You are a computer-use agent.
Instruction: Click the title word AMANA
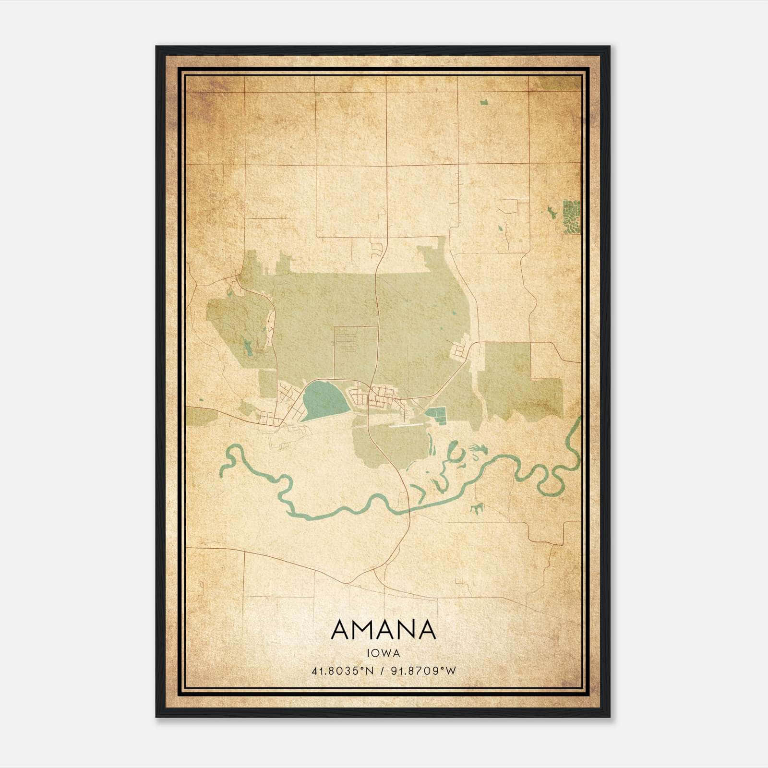point(384,630)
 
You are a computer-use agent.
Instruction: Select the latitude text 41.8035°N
point(342,671)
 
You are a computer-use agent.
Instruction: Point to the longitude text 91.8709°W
point(422,671)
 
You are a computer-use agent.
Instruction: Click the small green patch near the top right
point(483,102)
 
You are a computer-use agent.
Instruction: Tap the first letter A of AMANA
point(342,630)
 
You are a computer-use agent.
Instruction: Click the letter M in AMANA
point(366,630)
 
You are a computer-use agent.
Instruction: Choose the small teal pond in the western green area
point(248,347)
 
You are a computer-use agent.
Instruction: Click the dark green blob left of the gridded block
point(550,211)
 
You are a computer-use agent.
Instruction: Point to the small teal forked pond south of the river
point(476,508)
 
